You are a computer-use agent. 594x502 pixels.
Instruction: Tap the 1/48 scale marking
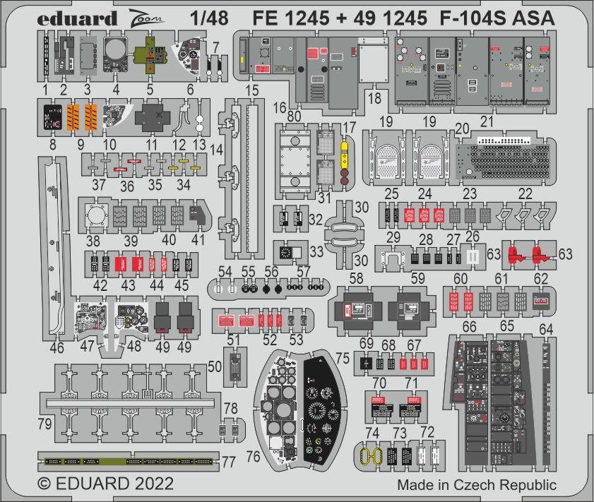[x=213, y=18]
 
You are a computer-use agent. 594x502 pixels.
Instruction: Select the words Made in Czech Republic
[x=476, y=485]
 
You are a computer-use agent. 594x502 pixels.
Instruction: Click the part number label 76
[x=253, y=457]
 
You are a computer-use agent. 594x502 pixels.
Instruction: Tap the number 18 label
[x=374, y=96]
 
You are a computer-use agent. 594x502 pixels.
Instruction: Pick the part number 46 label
[x=57, y=347]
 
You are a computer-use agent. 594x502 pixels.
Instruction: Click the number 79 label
[x=46, y=425]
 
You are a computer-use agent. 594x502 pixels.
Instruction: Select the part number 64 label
[x=546, y=329]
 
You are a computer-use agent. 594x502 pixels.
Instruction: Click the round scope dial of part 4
[x=115, y=51]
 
